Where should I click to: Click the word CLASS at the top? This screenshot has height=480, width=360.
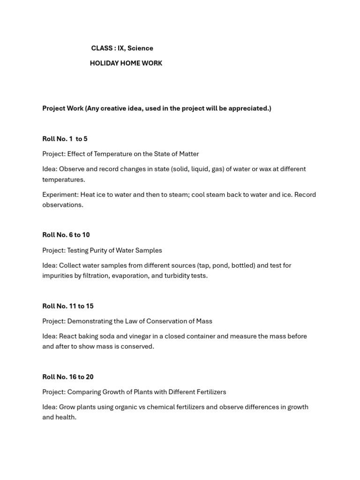102,48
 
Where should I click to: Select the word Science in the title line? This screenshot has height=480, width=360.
140,48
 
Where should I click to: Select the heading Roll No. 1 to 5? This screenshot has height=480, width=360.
65,139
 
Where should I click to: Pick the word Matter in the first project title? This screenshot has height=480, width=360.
188,154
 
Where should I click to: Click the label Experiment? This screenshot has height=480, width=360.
60,195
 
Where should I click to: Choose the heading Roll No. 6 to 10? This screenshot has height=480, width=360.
66,235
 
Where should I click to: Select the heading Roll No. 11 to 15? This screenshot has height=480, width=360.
67,306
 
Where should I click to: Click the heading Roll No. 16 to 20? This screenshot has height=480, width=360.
67,377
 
